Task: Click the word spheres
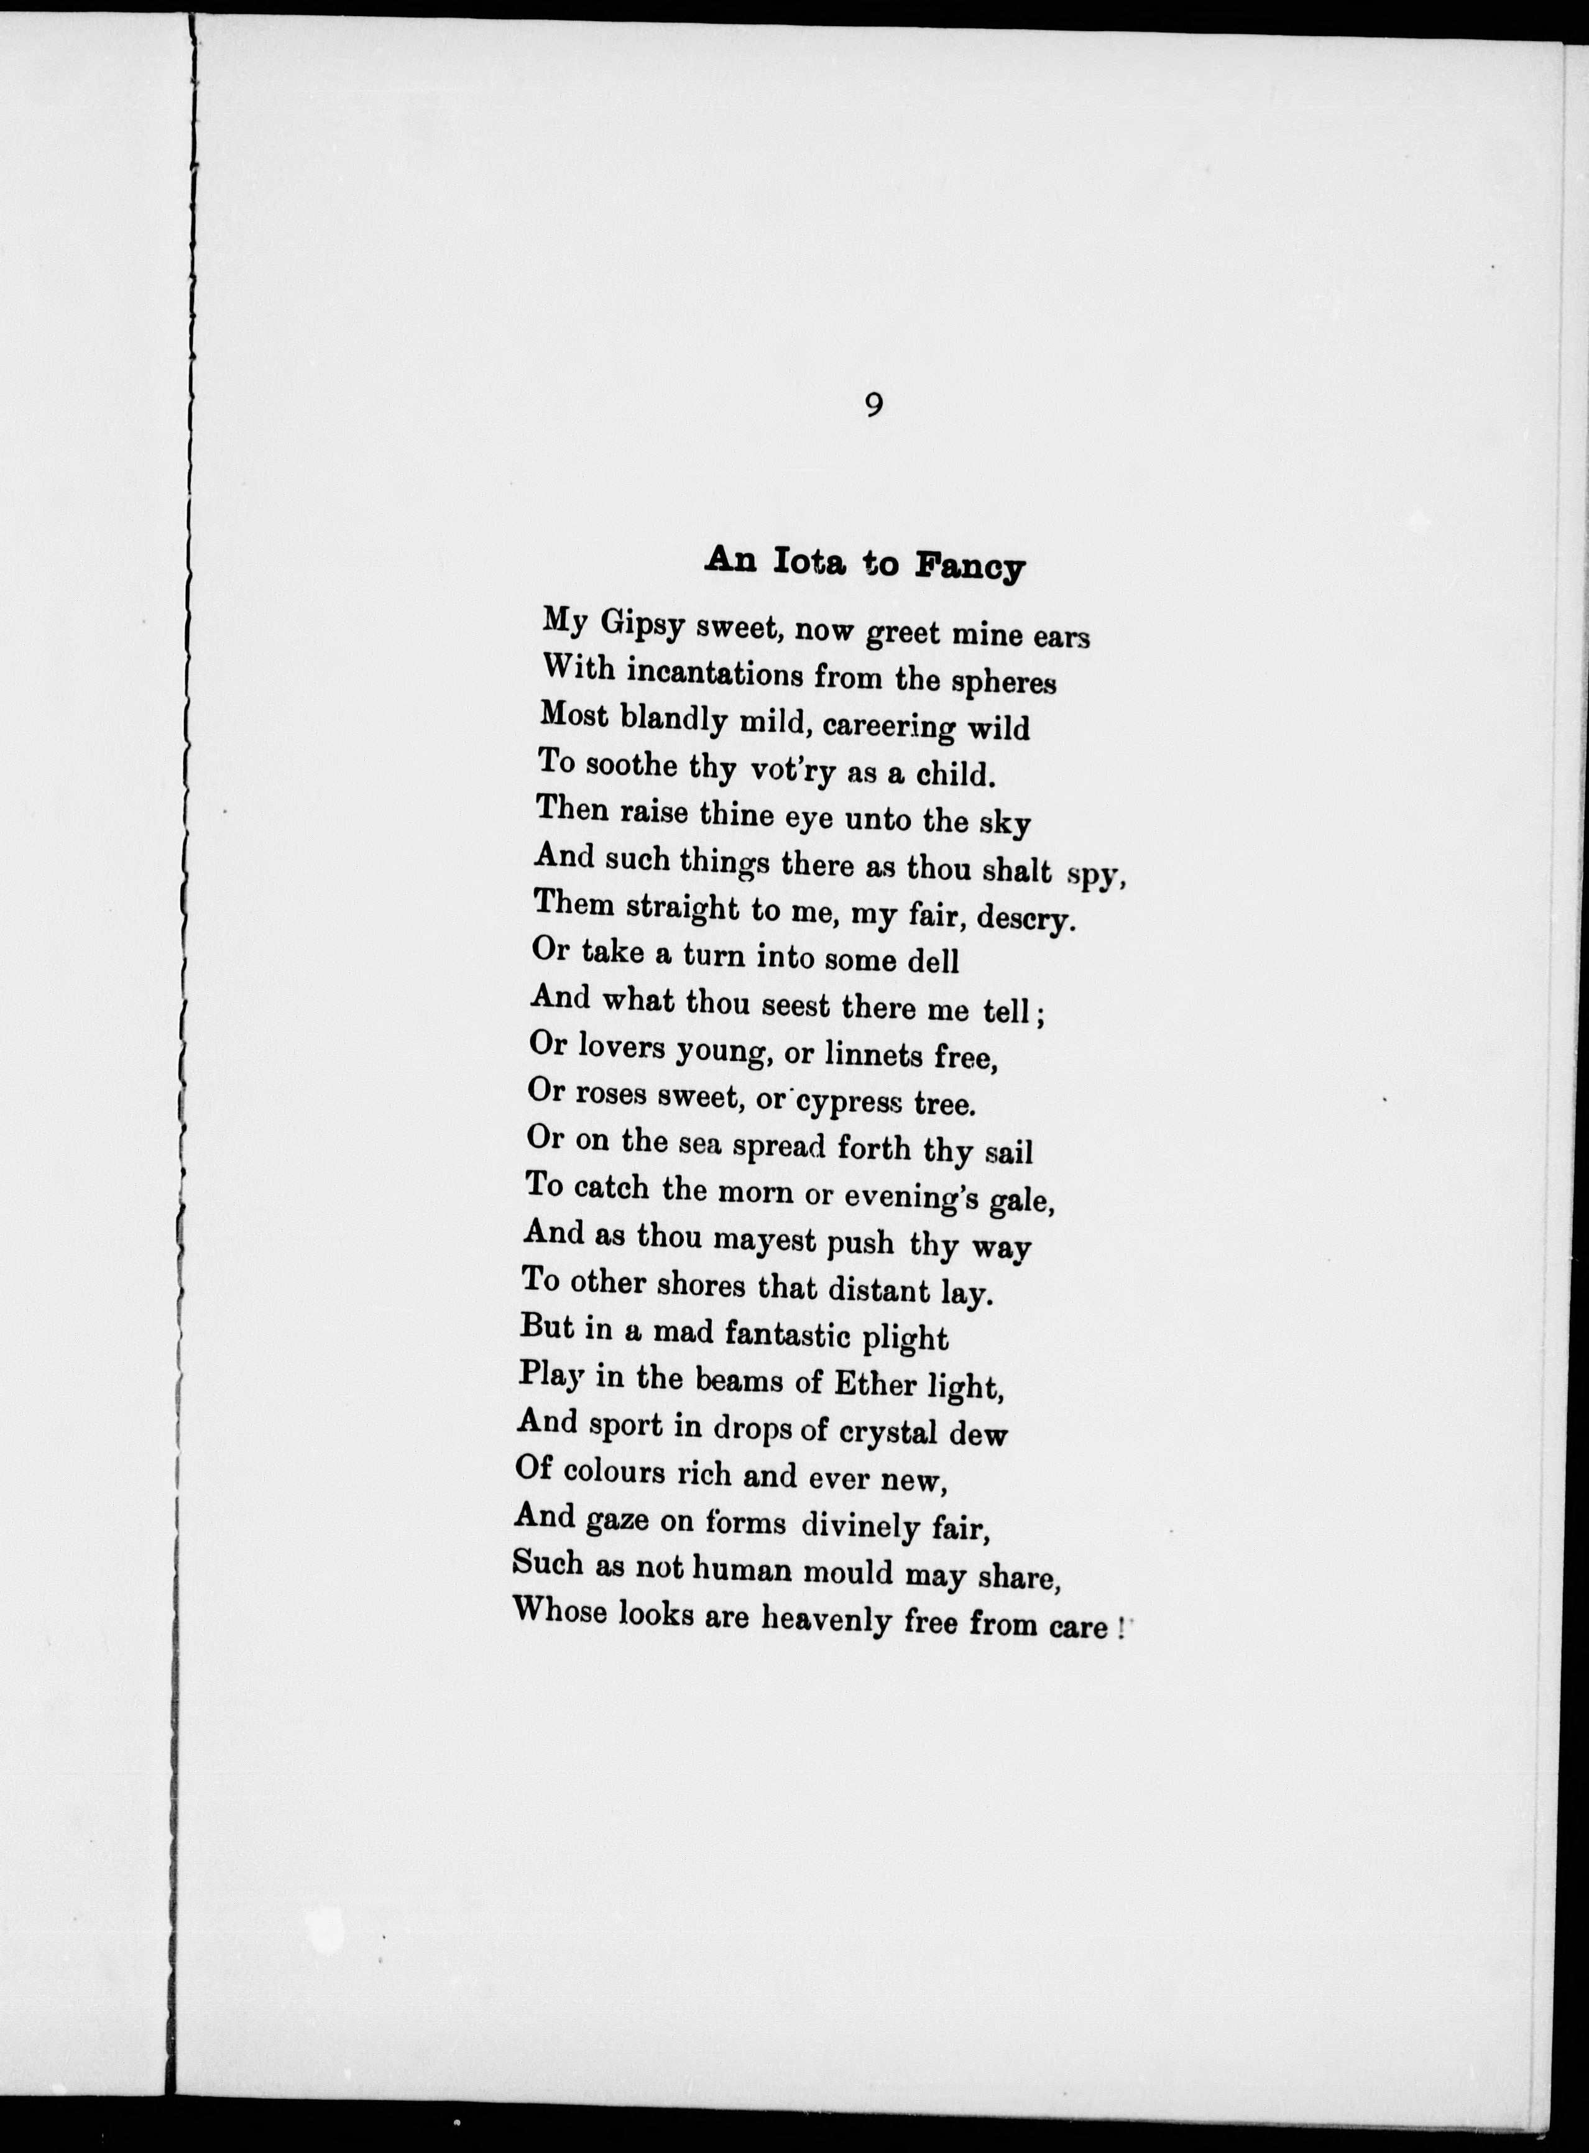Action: coord(1003,682)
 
